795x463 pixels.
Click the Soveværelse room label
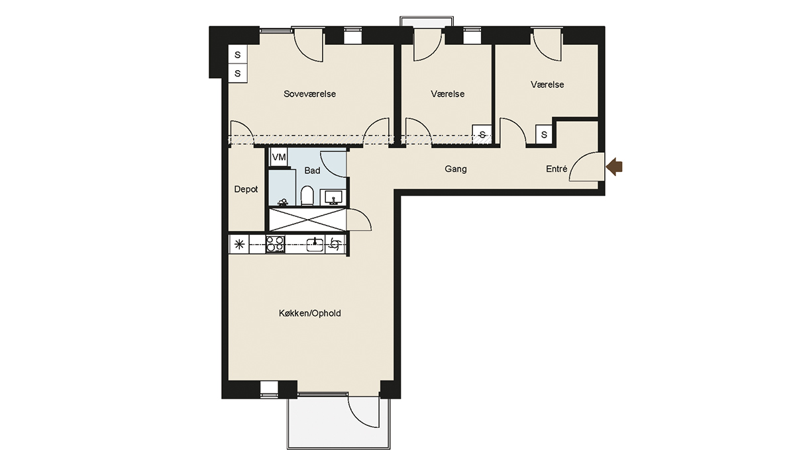click(x=309, y=94)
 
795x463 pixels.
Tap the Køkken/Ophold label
click(x=310, y=313)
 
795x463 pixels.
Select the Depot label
click(x=246, y=190)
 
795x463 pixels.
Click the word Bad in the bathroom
click(x=312, y=171)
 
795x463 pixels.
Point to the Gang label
click(x=456, y=169)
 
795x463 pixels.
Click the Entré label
click(x=556, y=169)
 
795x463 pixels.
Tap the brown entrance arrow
click(x=614, y=167)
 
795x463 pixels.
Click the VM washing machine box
click(x=279, y=157)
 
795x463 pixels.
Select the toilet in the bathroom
click(x=307, y=196)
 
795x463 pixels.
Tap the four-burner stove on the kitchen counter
click(x=276, y=244)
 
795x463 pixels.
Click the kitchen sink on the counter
click(x=315, y=244)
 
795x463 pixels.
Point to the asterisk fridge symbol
click(x=239, y=244)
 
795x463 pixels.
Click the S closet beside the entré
click(x=544, y=135)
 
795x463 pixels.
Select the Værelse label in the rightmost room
click(x=547, y=85)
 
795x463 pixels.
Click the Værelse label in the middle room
click(x=448, y=94)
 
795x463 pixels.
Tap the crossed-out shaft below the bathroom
click(x=307, y=220)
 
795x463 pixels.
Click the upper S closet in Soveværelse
click(x=237, y=54)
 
